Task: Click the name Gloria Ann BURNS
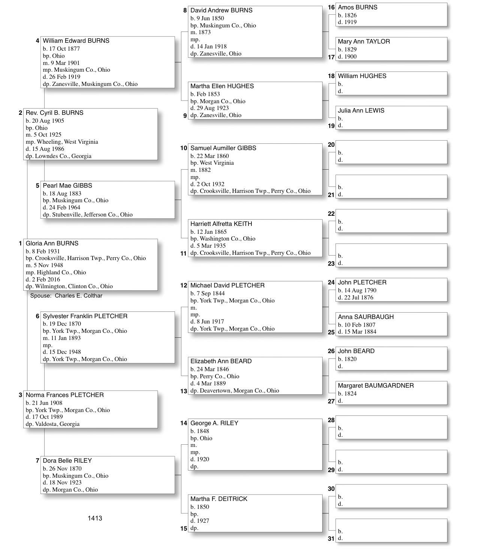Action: (x=52, y=244)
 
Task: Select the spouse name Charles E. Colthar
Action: (x=78, y=296)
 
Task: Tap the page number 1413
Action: (x=95, y=518)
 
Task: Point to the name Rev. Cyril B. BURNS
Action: (x=54, y=113)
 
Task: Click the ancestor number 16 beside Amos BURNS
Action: (x=331, y=8)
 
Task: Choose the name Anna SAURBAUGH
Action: (x=366, y=317)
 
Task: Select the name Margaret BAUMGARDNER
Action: (x=376, y=386)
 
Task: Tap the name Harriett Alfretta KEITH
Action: (x=221, y=224)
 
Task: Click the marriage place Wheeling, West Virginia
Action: (x=67, y=142)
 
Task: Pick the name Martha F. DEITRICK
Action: (x=219, y=499)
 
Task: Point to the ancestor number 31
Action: (x=331, y=539)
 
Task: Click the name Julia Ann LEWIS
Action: (x=361, y=111)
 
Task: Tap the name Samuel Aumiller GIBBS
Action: (x=223, y=148)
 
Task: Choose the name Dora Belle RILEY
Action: (x=67, y=461)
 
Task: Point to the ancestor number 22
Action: (x=331, y=214)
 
